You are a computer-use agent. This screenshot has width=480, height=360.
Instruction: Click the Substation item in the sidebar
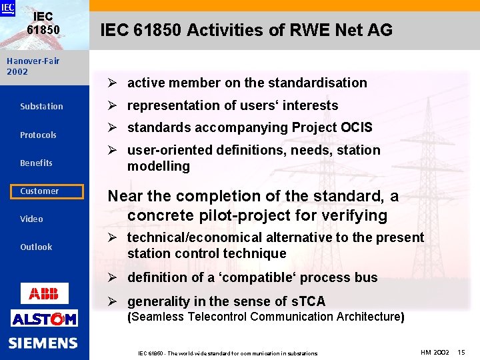coord(41,107)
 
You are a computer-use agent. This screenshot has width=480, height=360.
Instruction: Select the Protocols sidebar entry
coord(38,135)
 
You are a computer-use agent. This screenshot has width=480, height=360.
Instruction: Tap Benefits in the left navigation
coord(36,163)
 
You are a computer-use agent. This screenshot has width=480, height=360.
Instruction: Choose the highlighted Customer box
coord(41,191)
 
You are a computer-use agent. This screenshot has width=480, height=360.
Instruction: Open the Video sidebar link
coord(31,219)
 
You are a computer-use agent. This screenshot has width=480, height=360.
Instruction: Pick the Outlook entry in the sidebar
coord(36,247)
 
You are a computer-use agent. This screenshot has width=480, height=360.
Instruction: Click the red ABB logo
coord(44,293)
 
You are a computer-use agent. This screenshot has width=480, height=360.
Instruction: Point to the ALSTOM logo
coord(44,319)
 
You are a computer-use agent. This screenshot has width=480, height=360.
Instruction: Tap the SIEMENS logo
coord(43,343)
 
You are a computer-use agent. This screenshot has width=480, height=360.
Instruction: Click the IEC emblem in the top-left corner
coord(7,8)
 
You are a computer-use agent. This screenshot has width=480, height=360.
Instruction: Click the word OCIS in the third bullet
coord(356,127)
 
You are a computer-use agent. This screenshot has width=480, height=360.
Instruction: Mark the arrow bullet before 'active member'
coord(113,83)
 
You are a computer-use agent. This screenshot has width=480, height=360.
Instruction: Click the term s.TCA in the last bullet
coord(307,301)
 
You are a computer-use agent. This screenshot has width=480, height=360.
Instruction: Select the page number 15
coord(461,351)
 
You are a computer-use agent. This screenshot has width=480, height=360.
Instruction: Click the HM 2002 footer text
coord(435,351)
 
